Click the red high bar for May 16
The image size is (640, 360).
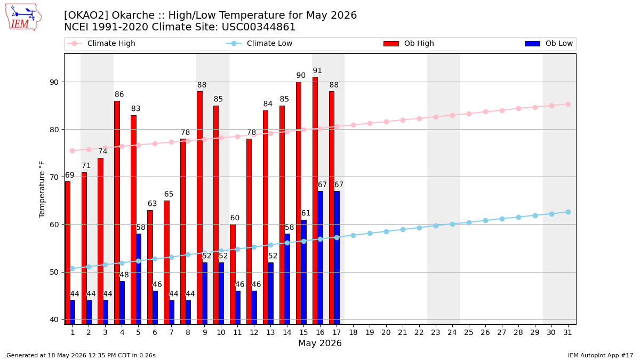(315, 201)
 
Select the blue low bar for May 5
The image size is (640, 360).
(139, 279)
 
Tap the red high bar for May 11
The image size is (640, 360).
(233, 274)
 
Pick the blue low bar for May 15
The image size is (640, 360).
(303, 272)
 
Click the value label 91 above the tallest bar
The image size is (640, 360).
(317, 70)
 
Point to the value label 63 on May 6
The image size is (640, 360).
(153, 204)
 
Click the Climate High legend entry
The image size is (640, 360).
(101, 43)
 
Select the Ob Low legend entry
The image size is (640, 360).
(549, 43)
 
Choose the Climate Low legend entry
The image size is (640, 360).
(259, 43)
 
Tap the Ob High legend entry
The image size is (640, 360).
(409, 43)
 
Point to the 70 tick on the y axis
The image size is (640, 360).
(54, 177)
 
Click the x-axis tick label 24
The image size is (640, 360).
(452, 333)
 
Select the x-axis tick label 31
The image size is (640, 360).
(567, 333)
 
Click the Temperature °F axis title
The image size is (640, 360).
(42, 189)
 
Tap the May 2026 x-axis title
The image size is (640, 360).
(320, 343)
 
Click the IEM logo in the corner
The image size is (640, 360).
(23, 17)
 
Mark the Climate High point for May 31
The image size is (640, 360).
(569, 105)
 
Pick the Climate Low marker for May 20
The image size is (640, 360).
(386, 231)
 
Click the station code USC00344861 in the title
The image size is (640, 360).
(258, 27)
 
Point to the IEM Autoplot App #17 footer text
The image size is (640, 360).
(601, 355)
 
